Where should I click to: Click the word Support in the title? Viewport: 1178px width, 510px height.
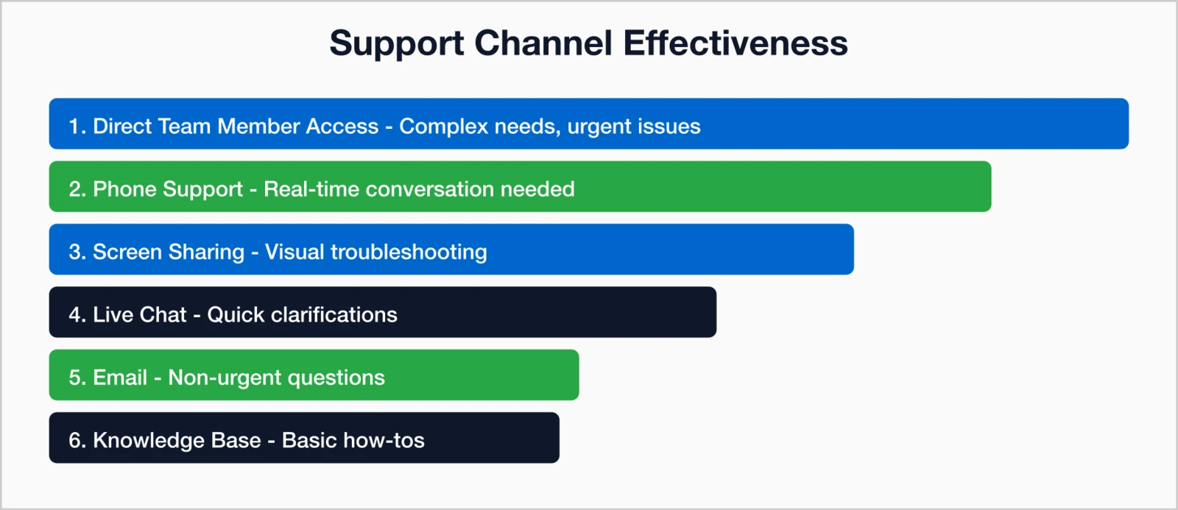tap(396, 44)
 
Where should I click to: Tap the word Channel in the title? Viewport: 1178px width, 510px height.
tap(543, 43)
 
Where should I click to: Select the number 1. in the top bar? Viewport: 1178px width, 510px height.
tap(77, 126)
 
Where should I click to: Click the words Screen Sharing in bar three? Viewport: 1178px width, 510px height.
tap(168, 252)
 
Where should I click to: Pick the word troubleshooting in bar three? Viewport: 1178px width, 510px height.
tap(409, 252)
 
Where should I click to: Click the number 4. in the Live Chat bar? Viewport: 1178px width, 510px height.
tap(77, 314)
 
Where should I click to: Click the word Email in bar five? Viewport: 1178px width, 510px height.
tap(120, 378)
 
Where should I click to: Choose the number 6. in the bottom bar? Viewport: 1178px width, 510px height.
tap(77, 440)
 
